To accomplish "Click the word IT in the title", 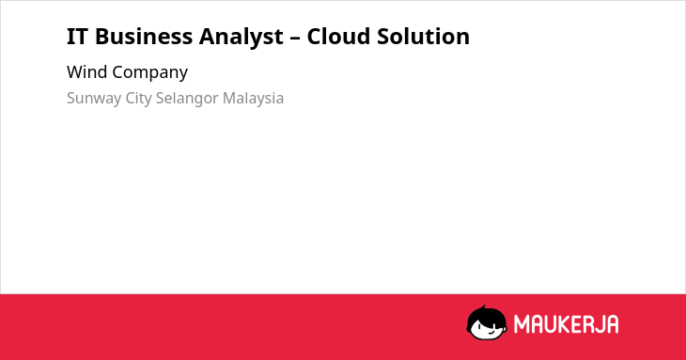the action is [x=77, y=37].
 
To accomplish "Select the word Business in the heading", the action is [x=144, y=37].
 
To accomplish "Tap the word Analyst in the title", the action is [x=242, y=38].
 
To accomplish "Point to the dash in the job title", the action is [x=295, y=38].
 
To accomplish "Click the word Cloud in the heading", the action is [x=338, y=37].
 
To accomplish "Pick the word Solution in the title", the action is [x=424, y=37].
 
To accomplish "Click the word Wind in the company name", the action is [x=87, y=72].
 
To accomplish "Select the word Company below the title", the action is [x=150, y=73].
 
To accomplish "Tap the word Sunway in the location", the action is [x=94, y=98].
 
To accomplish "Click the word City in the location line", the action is [x=138, y=98].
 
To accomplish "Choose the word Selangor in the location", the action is [x=187, y=98].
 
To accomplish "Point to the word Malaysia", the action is [x=253, y=98].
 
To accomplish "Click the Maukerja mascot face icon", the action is [x=487, y=322].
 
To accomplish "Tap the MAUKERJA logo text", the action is [x=566, y=324].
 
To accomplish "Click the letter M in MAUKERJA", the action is [x=521, y=324].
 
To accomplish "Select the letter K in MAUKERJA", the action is [x=564, y=324].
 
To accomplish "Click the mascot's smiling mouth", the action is [x=491, y=332].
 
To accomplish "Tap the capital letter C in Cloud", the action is [x=314, y=37].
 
